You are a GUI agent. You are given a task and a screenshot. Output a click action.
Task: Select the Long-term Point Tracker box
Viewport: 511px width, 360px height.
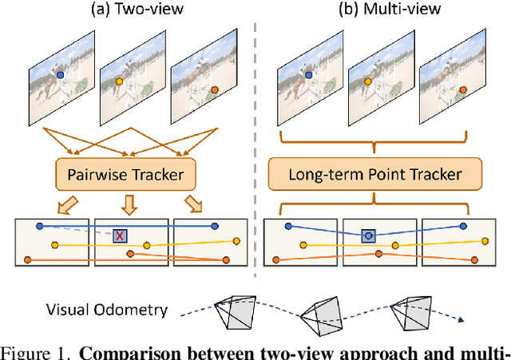point(374,172)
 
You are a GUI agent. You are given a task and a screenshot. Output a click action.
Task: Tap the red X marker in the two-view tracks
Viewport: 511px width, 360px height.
point(120,235)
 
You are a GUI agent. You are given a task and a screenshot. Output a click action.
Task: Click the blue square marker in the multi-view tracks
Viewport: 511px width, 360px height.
point(367,235)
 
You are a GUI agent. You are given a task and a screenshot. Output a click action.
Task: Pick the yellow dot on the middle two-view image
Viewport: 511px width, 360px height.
point(120,81)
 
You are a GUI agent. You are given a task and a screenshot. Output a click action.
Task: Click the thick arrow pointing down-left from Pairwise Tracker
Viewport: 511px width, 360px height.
point(72,203)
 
